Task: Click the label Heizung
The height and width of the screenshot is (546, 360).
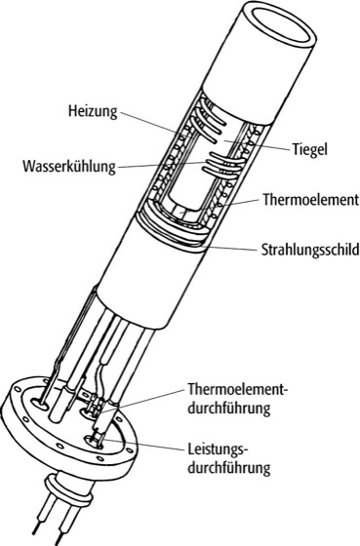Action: [93, 112]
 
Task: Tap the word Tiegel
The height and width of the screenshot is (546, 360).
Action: [309, 150]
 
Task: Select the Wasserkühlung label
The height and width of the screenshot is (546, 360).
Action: [69, 166]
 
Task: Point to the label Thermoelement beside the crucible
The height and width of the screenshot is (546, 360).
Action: [310, 200]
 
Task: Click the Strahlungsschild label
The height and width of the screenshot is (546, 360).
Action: [310, 250]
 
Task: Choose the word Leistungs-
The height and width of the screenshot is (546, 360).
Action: [218, 448]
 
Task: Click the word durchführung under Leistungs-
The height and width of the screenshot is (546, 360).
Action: [229, 467]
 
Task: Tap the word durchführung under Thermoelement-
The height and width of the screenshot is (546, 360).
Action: [229, 408]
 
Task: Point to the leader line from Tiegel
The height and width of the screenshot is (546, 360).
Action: [257, 144]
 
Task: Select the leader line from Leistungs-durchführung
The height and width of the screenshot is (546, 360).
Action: [140, 445]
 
